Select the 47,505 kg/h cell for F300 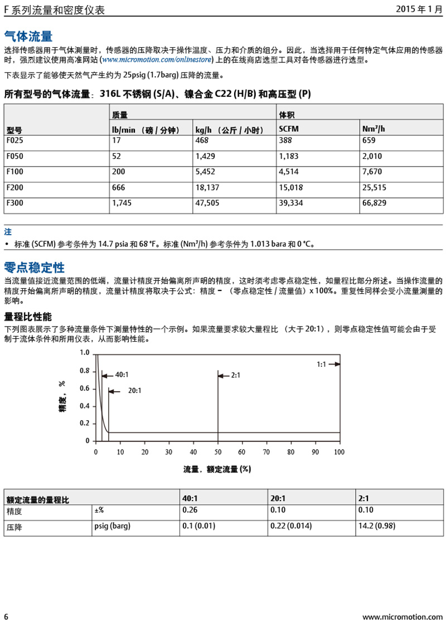[206, 203]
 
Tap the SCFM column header [289, 130]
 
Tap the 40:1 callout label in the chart [123, 375]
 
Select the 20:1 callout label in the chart [134, 391]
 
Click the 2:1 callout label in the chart [235, 375]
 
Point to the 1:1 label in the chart [321, 364]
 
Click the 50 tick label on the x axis [217, 452]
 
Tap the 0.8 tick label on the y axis [84, 371]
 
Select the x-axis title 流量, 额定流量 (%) [217, 469]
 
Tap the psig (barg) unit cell [112, 526]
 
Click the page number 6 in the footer [6, 616]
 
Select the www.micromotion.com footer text [402, 617]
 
